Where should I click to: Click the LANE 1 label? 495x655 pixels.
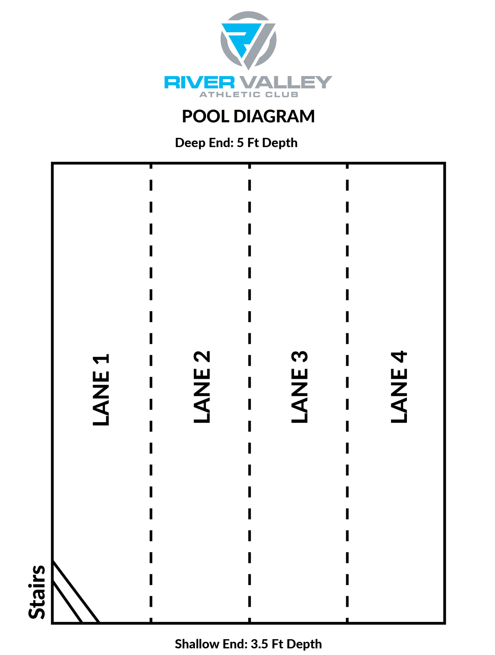point(101,390)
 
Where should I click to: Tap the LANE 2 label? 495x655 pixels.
point(202,386)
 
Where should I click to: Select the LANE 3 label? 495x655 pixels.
point(300,386)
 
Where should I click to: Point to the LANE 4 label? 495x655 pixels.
point(399,386)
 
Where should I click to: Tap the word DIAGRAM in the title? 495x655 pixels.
point(274,116)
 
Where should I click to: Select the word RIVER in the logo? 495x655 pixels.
point(199,82)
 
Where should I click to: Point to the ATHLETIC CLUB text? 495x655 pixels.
point(249,95)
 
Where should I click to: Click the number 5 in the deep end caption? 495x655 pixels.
point(240,143)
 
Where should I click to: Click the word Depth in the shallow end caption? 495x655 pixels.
point(304,644)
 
